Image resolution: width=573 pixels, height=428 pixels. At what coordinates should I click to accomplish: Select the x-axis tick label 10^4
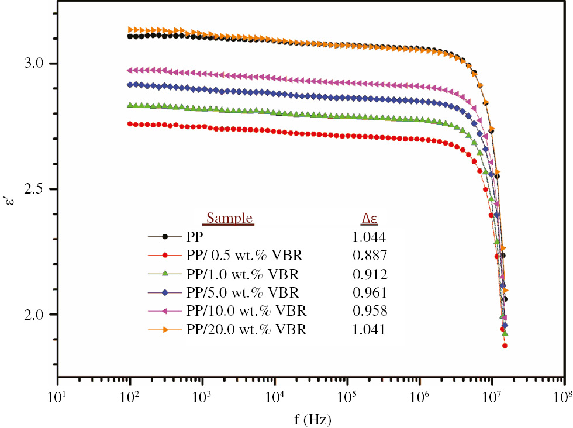pos(274,398)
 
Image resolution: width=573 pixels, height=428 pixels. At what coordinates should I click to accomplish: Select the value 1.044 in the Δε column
pos(369,237)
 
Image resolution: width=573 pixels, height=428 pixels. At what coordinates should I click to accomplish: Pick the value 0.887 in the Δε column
pos(369,256)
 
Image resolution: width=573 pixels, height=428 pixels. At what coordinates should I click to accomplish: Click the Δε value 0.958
pos(369,310)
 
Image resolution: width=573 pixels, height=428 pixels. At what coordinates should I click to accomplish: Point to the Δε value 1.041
pos(369,330)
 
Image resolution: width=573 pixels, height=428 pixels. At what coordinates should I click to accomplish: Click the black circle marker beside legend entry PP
pos(165,237)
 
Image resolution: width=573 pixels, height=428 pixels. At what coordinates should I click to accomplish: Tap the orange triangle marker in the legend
pos(165,330)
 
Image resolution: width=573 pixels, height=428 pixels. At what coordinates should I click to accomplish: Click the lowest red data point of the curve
pos(505,346)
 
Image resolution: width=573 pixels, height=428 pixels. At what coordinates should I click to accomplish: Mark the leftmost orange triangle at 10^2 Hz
pos(130,29)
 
